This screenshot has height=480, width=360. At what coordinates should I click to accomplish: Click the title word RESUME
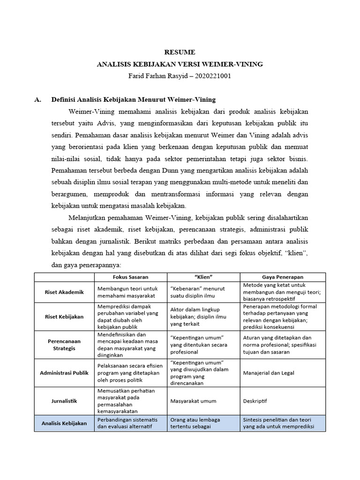[x=180, y=52]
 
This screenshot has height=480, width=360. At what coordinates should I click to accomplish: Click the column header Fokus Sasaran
[x=131, y=277]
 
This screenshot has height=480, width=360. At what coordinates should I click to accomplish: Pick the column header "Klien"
[x=203, y=277]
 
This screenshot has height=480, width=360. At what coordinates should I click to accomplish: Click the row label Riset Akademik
[x=65, y=292]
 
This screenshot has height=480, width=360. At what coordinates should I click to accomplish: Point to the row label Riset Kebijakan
[x=65, y=316]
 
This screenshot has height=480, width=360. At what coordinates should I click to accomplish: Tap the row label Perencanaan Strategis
[x=65, y=345]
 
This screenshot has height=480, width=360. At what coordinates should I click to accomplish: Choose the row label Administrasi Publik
[x=65, y=373]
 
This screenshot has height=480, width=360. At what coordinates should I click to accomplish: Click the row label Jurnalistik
[x=65, y=401]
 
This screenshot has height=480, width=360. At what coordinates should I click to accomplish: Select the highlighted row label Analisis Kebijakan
[x=65, y=423]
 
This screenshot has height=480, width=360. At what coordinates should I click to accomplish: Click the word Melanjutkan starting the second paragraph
[x=89, y=218]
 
